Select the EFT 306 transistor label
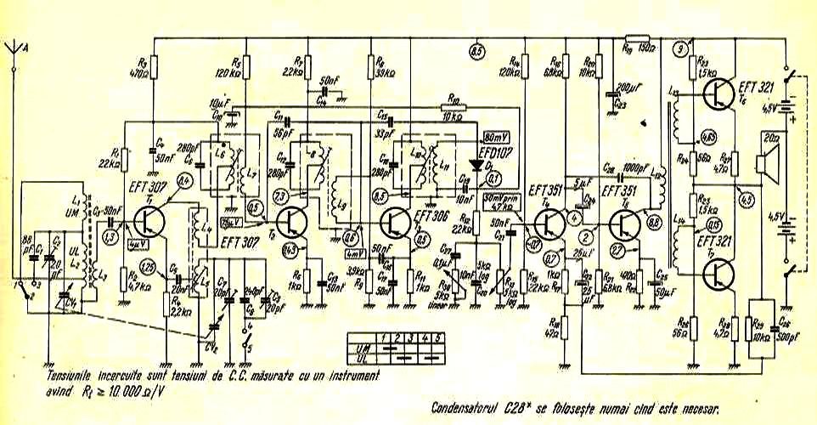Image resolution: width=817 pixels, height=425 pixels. (x=429, y=216)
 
